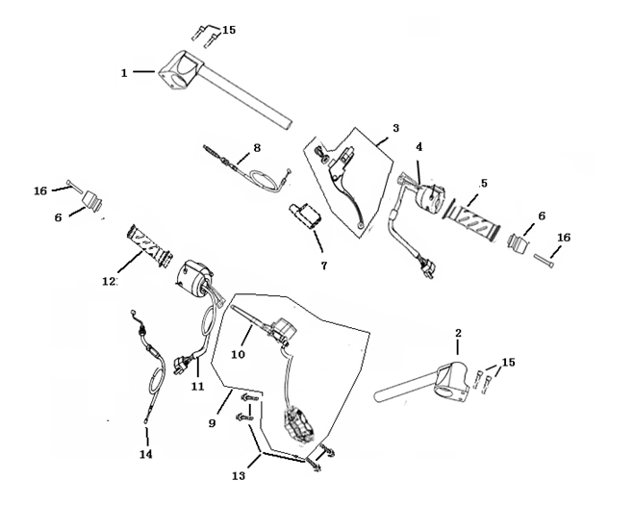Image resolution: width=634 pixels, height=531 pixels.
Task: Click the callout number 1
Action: click(124, 73)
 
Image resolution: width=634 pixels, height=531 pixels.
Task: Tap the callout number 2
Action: click(458, 333)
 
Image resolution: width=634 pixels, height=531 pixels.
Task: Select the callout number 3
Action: click(395, 128)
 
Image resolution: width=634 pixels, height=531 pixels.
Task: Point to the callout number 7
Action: click(324, 265)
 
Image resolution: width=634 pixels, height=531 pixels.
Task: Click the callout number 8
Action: click(257, 148)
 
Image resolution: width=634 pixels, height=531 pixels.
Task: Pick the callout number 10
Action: click(239, 354)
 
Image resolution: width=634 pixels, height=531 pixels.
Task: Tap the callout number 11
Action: click(198, 387)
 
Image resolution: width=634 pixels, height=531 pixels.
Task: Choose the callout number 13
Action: click(239, 475)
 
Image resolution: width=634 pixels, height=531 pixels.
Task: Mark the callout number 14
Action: click(146, 454)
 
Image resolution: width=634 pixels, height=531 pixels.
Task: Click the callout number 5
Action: click(484, 183)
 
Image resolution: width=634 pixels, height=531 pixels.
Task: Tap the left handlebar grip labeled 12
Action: click(150, 245)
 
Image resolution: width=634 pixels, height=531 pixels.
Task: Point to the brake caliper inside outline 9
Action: click(299, 424)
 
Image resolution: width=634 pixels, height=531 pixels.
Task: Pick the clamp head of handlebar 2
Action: click(451, 380)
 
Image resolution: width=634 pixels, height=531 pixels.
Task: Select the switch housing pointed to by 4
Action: click(430, 196)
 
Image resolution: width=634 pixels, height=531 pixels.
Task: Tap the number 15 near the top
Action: click(229, 30)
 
